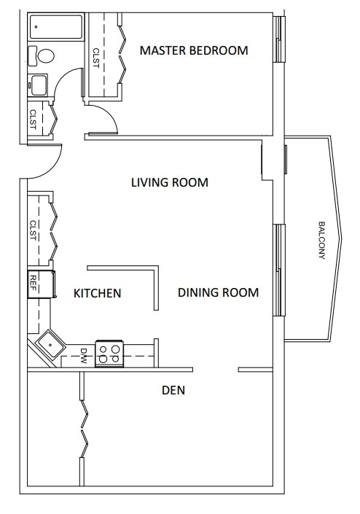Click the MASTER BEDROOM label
(x=194, y=50)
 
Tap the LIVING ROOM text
(x=170, y=182)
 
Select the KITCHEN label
(x=98, y=293)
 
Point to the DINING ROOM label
(x=218, y=292)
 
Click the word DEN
(x=173, y=390)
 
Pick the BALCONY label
(x=321, y=241)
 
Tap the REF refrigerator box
(x=42, y=284)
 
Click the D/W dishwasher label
(x=83, y=356)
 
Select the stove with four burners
(x=109, y=354)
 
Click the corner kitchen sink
(x=50, y=345)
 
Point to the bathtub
(x=56, y=27)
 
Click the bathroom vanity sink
(x=39, y=85)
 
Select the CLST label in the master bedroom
(x=96, y=58)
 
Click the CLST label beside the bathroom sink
(x=33, y=120)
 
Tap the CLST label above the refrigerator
(x=33, y=230)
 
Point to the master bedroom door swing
(x=110, y=114)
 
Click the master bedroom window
(x=278, y=39)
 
